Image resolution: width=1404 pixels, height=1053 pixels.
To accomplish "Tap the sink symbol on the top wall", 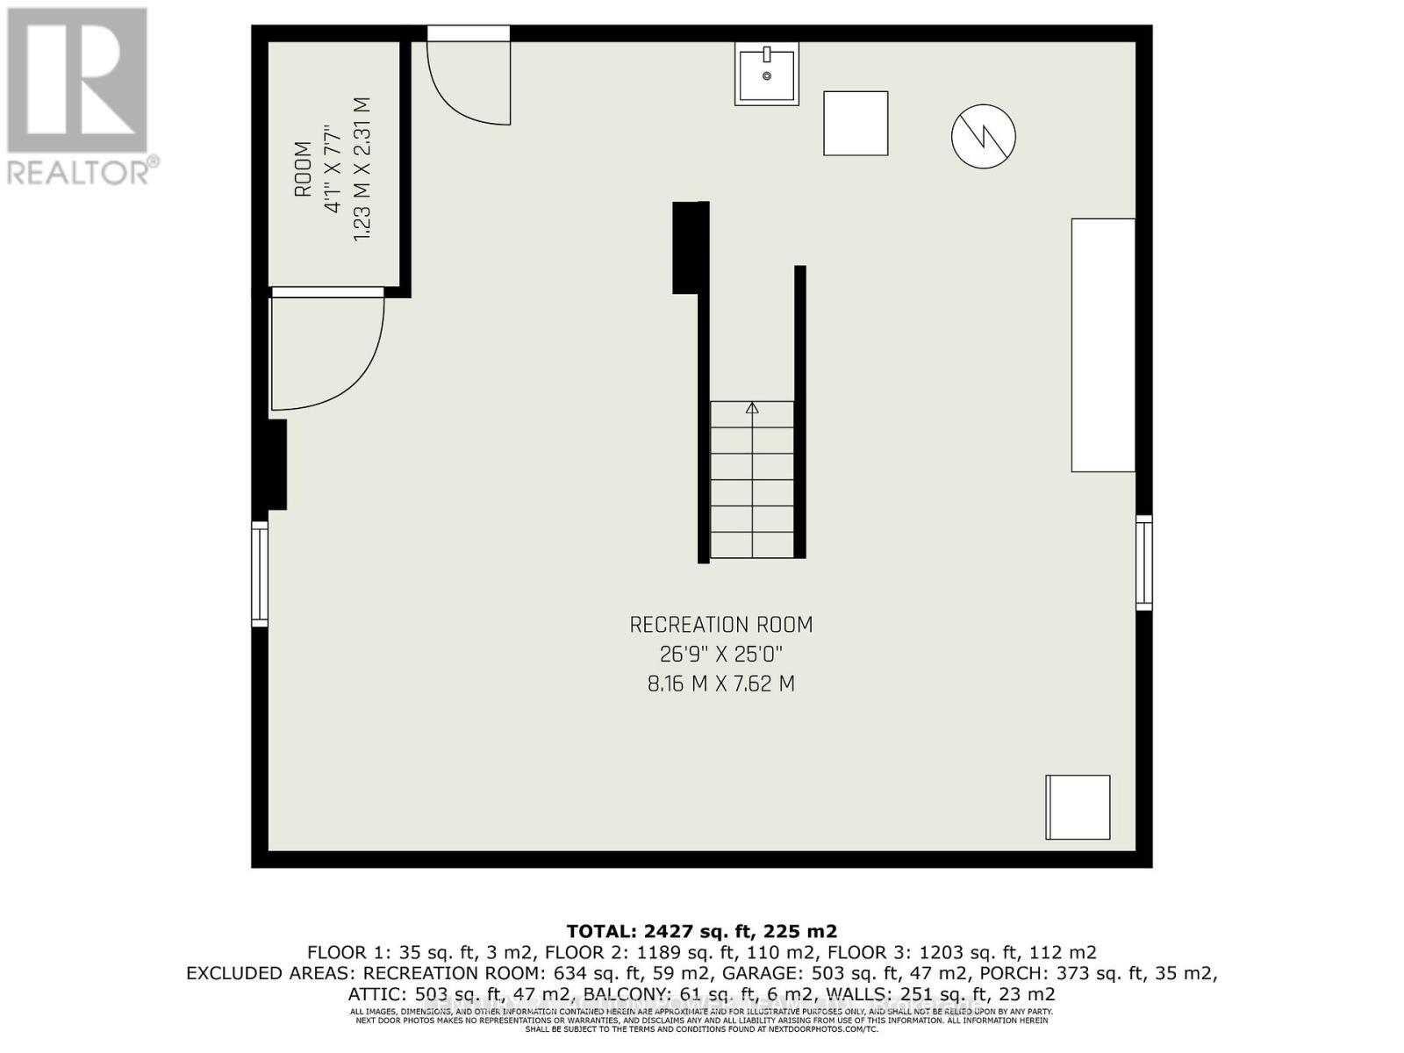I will pyautogui.click(x=766, y=75).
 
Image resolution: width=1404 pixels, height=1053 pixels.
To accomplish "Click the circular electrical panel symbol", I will pyautogui.click(x=983, y=136).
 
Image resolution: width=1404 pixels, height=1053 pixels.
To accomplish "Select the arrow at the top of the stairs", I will pyautogui.click(x=752, y=408).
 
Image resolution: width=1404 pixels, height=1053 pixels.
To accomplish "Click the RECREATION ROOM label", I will pyautogui.click(x=720, y=625).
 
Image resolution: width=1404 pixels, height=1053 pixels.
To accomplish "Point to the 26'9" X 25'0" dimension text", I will pyautogui.click(x=720, y=654).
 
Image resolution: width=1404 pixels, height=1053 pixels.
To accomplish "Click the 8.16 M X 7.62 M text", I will pyautogui.click(x=720, y=684).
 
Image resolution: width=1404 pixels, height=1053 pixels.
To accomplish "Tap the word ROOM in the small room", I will pyautogui.click(x=303, y=168).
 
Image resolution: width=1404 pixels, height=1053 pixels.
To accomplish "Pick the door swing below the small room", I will pyautogui.click(x=325, y=351).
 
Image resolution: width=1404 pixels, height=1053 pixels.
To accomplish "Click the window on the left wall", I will pyautogui.click(x=260, y=573).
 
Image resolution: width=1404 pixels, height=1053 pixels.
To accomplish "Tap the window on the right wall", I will pyautogui.click(x=1143, y=562).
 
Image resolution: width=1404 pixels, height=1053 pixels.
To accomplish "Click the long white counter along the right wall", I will pyautogui.click(x=1103, y=345).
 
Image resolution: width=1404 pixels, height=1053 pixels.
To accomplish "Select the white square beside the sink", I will pyautogui.click(x=855, y=123).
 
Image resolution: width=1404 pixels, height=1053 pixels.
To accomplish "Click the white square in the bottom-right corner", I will pyautogui.click(x=1078, y=806).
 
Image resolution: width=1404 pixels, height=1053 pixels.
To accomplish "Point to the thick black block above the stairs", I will pyautogui.click(x=690, y=247).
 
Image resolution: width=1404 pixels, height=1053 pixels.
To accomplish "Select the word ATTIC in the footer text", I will pyautogui.click(x=375, y=994).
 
